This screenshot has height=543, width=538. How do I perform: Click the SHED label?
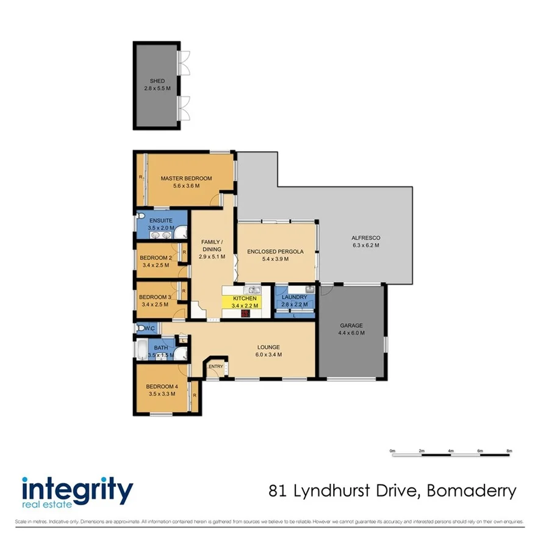coord(157,81)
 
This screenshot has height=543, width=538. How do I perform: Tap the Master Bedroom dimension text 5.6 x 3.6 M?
coord(186,186)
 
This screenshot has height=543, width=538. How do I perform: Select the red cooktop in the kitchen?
coord(245,313)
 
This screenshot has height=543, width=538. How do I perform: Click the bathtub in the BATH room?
coord(141,351)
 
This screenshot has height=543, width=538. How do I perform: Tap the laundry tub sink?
coord(309,289)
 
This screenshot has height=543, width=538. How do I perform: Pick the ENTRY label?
coord(216,366)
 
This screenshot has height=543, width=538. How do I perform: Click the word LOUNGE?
coord(268,347)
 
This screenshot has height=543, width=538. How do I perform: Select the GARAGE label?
coord(351,326)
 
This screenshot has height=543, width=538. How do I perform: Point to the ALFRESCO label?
coord(365,238)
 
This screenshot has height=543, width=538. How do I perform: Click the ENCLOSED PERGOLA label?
coord(275,251)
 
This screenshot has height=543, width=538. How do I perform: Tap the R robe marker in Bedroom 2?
coord(184,251)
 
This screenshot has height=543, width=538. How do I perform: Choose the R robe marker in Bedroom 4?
coord(194,396)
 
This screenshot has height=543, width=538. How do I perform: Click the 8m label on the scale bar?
coord(509,450)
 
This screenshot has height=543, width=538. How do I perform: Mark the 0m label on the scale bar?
coord(393,450)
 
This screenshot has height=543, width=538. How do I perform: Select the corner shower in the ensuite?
coord(181,233)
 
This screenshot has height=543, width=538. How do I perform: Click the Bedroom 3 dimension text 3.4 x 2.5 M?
coord(156,305)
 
